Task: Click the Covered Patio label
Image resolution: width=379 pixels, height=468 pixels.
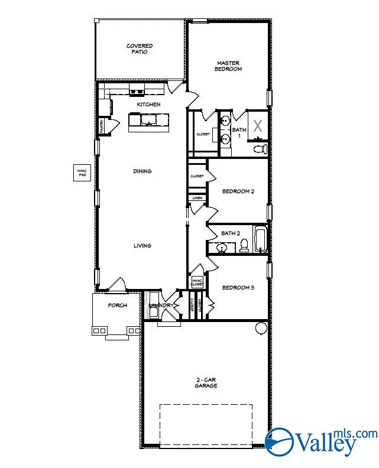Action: click(140, 48)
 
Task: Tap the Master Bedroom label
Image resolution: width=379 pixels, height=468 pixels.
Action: click(229, 66)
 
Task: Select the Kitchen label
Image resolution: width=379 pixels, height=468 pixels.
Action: click(148, 105)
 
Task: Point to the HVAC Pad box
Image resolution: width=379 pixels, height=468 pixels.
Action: click(82, 172)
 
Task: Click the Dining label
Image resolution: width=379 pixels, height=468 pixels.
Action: click(142, 171)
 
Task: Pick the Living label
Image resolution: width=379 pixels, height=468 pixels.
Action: click(142, 246)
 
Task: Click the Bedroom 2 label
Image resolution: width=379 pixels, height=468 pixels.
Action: click(238, 191)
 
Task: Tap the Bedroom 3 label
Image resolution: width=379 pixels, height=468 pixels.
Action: click(238, 288)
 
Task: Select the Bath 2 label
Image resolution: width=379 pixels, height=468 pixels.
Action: click(231, 233)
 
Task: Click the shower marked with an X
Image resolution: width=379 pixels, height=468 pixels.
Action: click(258, 126)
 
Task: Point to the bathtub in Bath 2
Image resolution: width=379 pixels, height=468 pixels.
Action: click(261, 240)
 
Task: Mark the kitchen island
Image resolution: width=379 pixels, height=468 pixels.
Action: click(148, 121)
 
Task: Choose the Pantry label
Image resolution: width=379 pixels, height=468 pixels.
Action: click(101, 125)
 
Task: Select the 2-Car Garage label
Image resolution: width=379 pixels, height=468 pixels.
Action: click(206, 382)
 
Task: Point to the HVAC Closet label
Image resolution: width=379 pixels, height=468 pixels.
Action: click(197, 282)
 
